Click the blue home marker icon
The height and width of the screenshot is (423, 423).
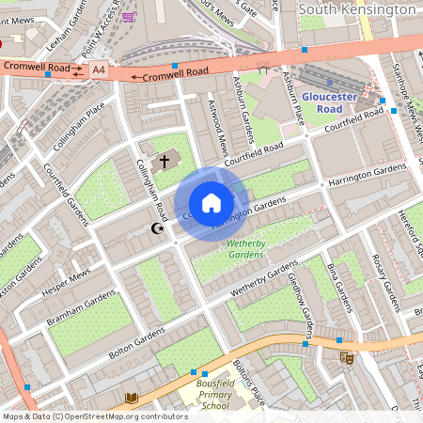(211, 203)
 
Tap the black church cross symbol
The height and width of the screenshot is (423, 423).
(164, 162)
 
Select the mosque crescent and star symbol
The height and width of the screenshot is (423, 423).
(158, 228)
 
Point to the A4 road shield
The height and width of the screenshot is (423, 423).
(99, 69)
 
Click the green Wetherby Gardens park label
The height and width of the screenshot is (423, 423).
(245, 248)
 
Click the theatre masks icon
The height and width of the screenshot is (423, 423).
(346, 357)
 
